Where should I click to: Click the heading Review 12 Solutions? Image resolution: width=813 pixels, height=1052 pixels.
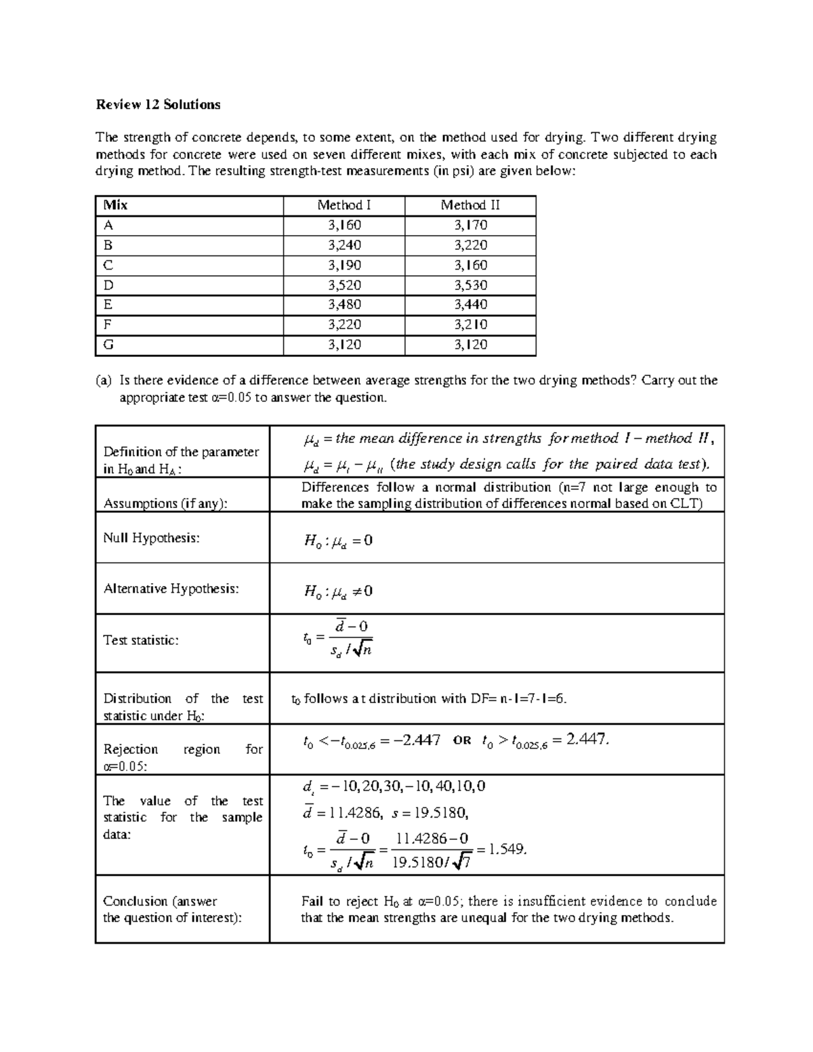pyautogui.click(x=158, y=104)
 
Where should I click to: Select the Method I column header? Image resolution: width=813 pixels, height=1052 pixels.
pyautogui.click(x=343, y=205)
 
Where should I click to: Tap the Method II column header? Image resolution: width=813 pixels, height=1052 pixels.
pyautogui.click(x=470, y=205)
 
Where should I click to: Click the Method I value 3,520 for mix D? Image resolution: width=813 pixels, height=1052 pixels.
pyautogui.click(x=344, y=285)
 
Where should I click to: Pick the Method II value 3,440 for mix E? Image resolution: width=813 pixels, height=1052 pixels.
pyautogui.click(x=470, y=305)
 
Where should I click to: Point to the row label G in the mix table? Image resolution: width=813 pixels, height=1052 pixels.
pyautogui.click(x=108, y=345)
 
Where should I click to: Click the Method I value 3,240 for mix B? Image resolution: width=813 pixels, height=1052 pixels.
pyautogui.click(x=344, y=245)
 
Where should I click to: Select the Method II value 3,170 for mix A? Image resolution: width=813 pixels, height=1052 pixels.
pyautogui.click(x=470, y=225)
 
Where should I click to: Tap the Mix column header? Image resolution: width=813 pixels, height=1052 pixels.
pyautogui.click(x=115, y=205)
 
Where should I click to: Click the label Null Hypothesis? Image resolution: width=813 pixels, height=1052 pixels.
pyautogui.click(x=151, y=538)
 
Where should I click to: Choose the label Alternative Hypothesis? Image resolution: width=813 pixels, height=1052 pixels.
pyautogui.click(x=171, y=589)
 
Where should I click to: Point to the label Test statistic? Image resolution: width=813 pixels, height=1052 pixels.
pyautogui.click(x=141, y=640)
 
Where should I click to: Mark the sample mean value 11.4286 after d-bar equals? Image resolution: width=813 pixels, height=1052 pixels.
pyautogui.click(x=356, y=813)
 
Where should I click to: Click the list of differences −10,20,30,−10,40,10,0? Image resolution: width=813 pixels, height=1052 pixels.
pyautogui.click(x=407, y=786)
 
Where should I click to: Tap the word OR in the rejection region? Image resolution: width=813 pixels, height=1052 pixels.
pyautogui.click(x=461, y=741)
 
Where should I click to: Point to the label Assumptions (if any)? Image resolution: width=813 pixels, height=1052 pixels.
pyautogui.click(x=165, y=503)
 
